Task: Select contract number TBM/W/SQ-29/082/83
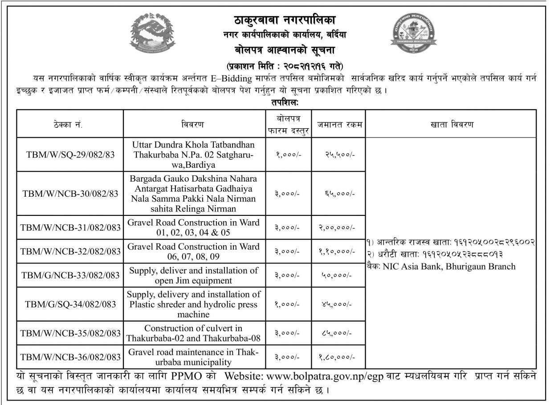click(70, 154)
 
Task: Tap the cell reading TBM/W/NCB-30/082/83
click(70, 193)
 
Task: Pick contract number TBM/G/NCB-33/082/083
click(70, 275)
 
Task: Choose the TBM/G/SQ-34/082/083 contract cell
click(70, 304)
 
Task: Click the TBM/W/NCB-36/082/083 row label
click(70, 356)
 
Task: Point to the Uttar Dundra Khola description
click(193, 154)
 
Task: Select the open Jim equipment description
click(193, 275)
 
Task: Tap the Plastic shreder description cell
click(193, 304)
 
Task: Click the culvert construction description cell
click(193, 333)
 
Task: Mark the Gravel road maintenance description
click(193, 356)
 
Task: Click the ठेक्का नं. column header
click(70, 124)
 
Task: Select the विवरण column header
click(193, 124)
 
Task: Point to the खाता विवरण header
click(451, 124)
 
